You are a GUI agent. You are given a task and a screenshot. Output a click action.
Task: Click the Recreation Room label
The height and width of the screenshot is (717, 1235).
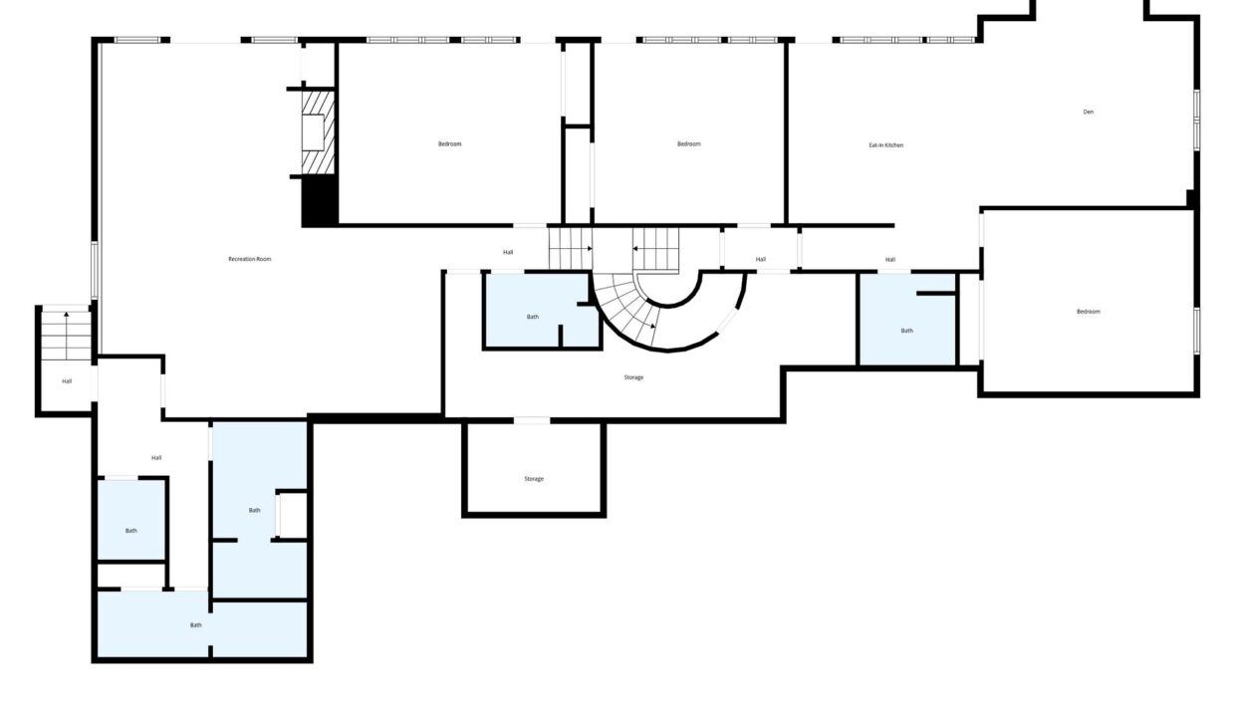[250, 259]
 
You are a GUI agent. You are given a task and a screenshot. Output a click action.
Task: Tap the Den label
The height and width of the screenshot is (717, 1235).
[1089, 112]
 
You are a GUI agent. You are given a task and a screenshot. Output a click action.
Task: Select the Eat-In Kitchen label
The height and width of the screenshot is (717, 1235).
[886, 145]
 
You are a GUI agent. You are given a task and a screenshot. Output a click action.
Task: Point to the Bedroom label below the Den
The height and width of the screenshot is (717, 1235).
[1089, 312]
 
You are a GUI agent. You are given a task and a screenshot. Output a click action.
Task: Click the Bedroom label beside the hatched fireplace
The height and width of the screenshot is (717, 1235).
[450, 144]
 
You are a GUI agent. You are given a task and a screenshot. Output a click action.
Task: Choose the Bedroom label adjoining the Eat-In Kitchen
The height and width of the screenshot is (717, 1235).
[689, 144]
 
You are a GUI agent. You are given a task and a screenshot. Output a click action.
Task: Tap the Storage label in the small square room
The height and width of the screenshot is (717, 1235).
[534, 479]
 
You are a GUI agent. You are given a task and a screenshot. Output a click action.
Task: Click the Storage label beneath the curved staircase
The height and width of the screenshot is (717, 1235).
[633, 377]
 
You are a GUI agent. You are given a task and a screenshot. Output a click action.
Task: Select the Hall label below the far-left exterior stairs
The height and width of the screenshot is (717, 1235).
[67, 381]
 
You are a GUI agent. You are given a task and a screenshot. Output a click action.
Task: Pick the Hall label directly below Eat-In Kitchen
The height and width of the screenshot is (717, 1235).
[890, 260]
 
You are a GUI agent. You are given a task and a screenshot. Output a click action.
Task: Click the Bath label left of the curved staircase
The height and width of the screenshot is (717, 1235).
[533, 317]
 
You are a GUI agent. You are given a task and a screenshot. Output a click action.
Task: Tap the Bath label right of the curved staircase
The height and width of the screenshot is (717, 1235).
[907, 331]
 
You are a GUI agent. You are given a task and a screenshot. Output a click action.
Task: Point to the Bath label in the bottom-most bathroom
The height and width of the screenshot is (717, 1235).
[196, 625]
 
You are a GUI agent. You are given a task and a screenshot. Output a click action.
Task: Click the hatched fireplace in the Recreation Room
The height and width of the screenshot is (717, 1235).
[318, 132]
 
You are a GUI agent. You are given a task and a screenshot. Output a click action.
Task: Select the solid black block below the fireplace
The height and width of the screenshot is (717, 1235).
[320, 200]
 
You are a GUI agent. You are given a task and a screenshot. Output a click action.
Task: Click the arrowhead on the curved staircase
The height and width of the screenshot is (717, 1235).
[653, 327]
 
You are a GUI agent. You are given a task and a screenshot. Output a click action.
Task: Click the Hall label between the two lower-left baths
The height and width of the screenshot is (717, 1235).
[156, 458]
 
